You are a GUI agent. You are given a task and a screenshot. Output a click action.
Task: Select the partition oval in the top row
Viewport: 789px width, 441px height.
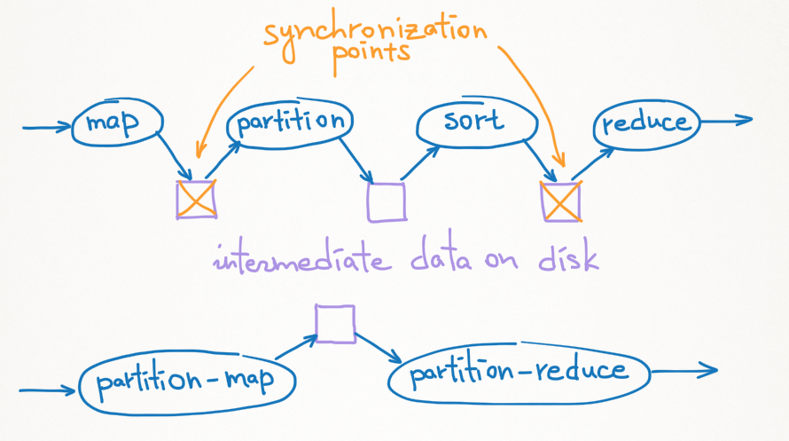point(290,122)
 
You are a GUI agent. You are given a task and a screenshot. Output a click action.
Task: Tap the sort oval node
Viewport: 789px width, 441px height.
point(475,123)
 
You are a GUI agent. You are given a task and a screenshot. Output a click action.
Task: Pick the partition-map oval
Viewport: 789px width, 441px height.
point(186,382)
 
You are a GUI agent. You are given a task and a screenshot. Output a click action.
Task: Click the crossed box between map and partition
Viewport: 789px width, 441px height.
point(196,199)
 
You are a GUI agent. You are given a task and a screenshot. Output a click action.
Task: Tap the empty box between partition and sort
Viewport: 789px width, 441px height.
point(387,201)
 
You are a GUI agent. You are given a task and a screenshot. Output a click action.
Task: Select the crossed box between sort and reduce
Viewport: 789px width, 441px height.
point(560,201)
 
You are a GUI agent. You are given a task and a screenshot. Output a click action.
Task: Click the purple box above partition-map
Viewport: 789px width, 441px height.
point(336,324)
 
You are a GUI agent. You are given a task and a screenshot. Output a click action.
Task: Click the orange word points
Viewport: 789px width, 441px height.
point(371,53)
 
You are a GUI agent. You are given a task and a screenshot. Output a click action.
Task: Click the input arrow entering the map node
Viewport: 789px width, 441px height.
point(46,128)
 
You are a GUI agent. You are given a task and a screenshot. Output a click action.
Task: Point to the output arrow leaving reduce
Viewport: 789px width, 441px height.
point(727,120)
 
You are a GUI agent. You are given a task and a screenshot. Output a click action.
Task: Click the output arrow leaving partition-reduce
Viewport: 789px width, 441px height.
point(687,372)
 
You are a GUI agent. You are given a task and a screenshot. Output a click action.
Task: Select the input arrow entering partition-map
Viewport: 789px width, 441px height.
point(49,390)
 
